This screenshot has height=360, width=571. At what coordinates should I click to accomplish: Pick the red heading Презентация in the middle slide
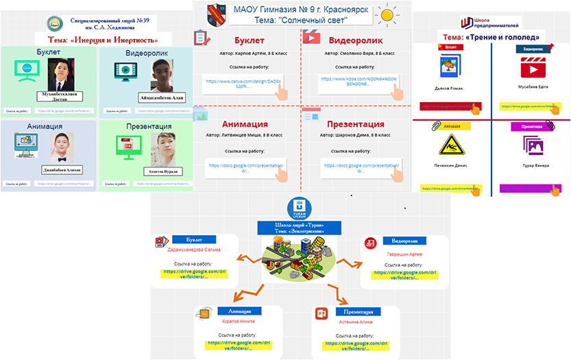pos(355,124)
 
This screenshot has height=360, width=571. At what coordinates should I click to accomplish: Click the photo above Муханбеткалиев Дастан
pos(65,74)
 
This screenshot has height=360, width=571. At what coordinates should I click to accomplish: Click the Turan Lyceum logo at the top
pos(298,207)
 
